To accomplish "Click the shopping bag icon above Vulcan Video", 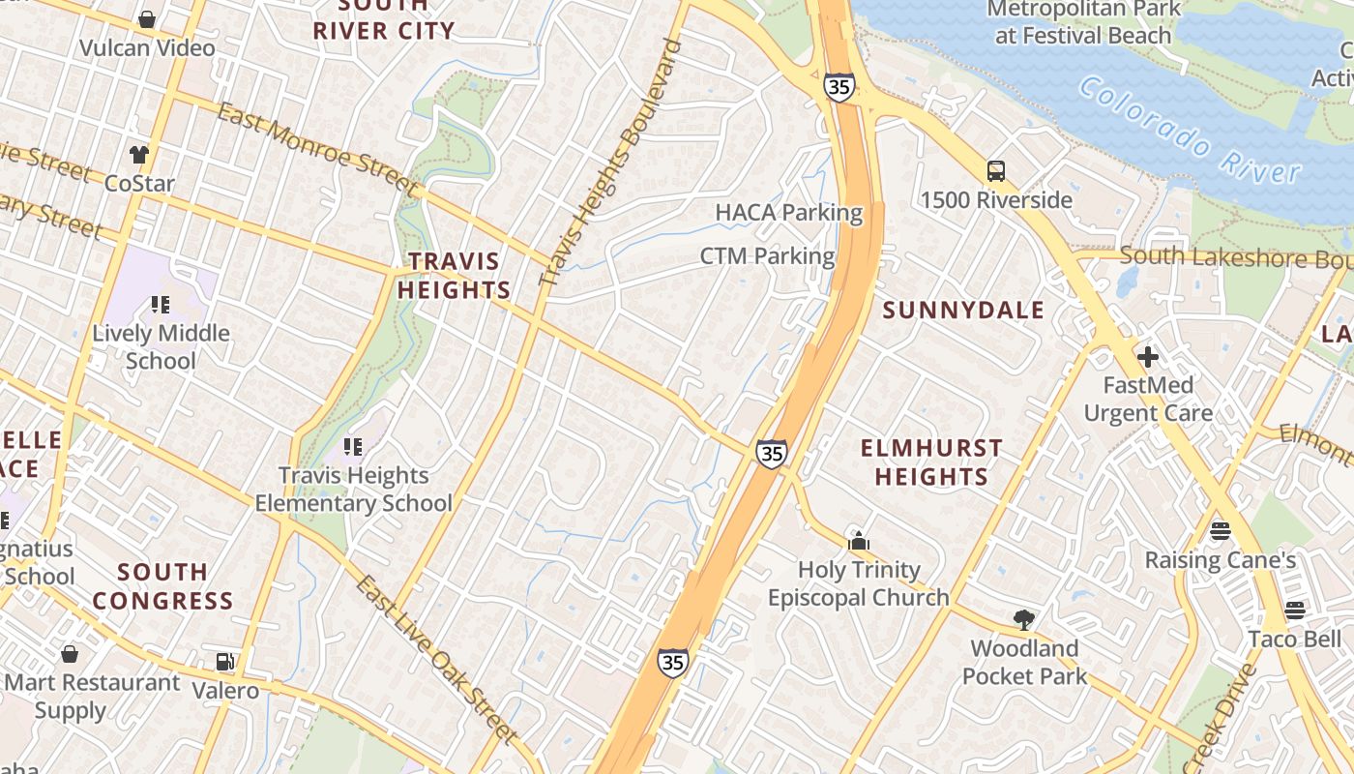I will click(147, 19).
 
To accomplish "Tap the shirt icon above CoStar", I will click(139, 154).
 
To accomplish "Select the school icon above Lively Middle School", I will click(161, 305).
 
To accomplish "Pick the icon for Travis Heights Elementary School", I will click(353, 446).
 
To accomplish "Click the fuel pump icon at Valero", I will click(225, 662).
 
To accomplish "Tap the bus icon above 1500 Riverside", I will click(996, 171).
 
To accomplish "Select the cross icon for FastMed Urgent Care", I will click(1148, 357).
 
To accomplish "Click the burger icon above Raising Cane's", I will click(1220, 530).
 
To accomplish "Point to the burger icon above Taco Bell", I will click(1294, 610).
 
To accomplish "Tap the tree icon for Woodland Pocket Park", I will click(1024, 619).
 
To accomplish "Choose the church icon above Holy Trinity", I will click(858, 541).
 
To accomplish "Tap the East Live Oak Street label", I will click(436, 658).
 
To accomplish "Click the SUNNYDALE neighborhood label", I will click(963, 310).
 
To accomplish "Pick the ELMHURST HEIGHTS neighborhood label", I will click(931, 461).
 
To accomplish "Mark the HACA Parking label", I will click(788, 212).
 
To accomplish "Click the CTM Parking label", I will click(767, 256).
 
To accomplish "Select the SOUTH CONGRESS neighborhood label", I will click(162, 586).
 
